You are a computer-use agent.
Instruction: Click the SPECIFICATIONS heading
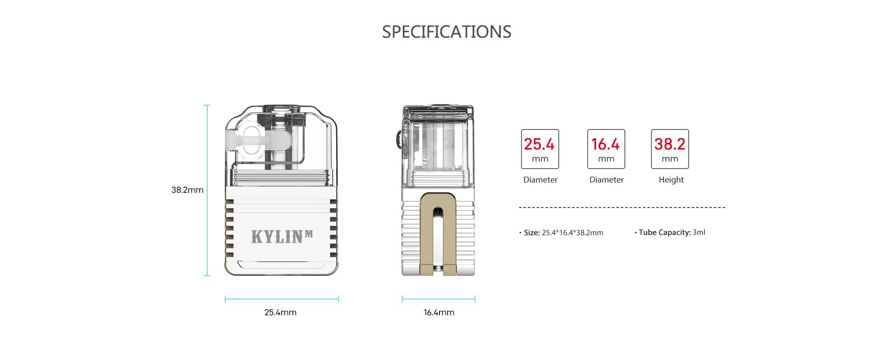tap(447, 32)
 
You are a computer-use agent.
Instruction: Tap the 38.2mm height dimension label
tap(187, 190)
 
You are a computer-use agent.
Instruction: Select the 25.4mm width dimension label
tap(280, 312)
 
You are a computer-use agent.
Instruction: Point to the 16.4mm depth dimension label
tap(439, 312)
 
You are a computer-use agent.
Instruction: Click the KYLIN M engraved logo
tap(282, 237)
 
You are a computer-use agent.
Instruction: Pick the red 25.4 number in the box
tap(539, 144)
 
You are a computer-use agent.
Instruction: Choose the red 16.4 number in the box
tap(605, 144)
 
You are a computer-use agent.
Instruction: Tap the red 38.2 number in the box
tap(670, 144)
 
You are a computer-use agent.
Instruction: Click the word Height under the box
tap(671, 180)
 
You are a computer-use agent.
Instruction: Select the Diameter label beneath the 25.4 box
tap(540, 180)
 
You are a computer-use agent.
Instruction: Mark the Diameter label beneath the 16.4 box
tap(606, 180)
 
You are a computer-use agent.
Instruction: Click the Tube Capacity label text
tap(664, 232)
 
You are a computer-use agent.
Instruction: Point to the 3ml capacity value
tap(699, 232)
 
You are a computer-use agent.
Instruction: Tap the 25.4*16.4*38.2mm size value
tap(572, 233)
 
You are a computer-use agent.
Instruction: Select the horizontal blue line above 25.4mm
tap(282, 299)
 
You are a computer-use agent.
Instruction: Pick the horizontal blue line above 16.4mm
tap(439, 299)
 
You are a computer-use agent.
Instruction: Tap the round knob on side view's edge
tap(399, 140)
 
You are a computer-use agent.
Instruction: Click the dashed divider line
tap(622, 207)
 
